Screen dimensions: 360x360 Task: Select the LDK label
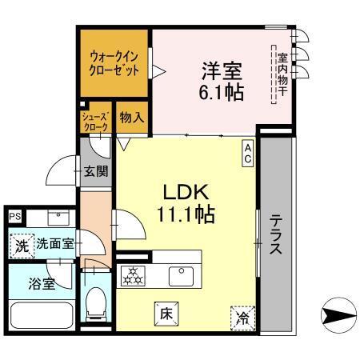tap(186, 193)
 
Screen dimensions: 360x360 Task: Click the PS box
tap(15, 217)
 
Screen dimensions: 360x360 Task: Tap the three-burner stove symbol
tap(131, 276)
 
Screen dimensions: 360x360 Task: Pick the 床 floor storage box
tap(165, 314)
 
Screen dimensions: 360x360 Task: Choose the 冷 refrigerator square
tap(242, 318)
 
